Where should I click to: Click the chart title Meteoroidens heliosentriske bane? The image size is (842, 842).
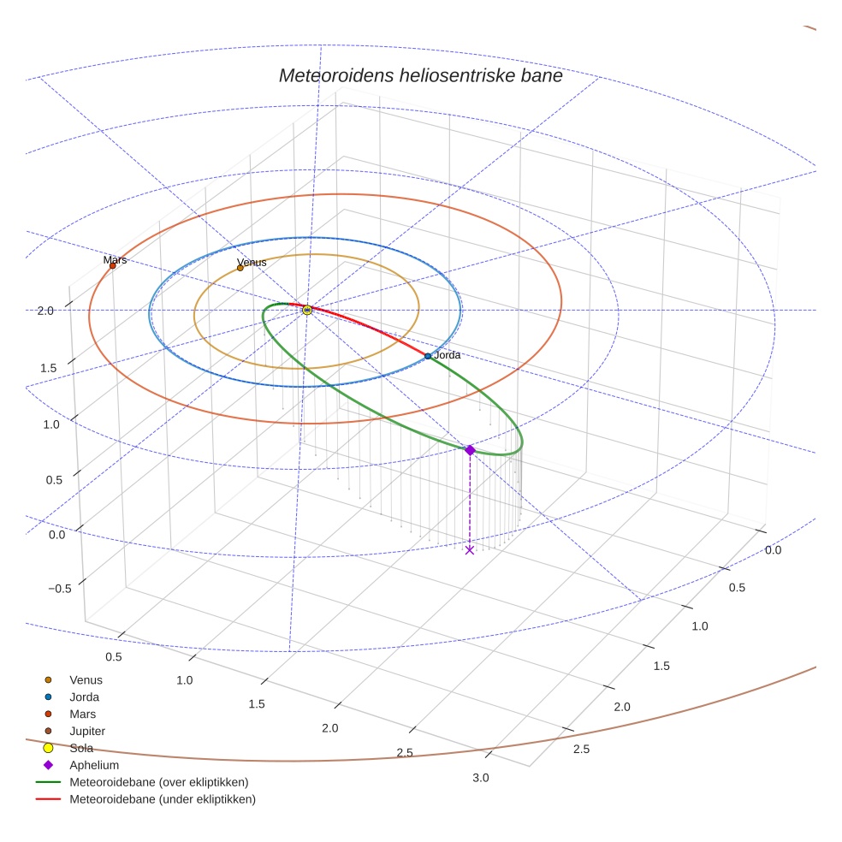pyautogui.click(x=420, y=76)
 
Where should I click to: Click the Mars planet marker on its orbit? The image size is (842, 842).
pyautogui.click(x=113, y=266)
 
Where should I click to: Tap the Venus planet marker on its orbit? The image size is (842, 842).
pyautogui.click(x=240, y=268)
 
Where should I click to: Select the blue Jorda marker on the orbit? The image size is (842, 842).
pyautogui.click(x=428, y=356)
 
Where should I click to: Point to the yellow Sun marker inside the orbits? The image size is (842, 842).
pyautogui.click(x=307, y=310)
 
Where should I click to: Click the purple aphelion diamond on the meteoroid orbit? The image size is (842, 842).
pyautogui.click(x=469, y=450)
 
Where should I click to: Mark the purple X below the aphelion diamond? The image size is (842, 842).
pyautogui.click(x=469, y=550)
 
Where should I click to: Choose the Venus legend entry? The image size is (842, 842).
pyautogui.click(x=86, y=680)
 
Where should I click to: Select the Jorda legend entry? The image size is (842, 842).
pyautogui.click(x=84, y=697)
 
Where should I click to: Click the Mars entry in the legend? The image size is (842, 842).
pyautogui.click(x=82, y=715)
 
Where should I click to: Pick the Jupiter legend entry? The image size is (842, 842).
pyautogui.click(x=86, y=732)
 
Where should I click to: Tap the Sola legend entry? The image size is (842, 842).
pyautogui.click(x=81, y=749)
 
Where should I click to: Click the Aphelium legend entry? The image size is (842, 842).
pyautogui.click(x=93, y=766)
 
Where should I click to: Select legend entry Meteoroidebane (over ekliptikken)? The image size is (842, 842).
pyautogui.click(x=158, y=782)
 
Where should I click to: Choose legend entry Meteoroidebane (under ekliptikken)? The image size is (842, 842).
pyautogui.click(x=162, y=799)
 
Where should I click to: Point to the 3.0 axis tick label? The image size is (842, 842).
pyautogui.click(x=481, y=778)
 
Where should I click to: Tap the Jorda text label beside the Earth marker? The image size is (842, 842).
pyautogui.click(x=448, y=355)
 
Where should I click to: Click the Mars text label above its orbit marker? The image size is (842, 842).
pyautogui.click(x=115, y=259)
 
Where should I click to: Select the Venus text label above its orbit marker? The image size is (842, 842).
pyautogui.click(x=251, y=262)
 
